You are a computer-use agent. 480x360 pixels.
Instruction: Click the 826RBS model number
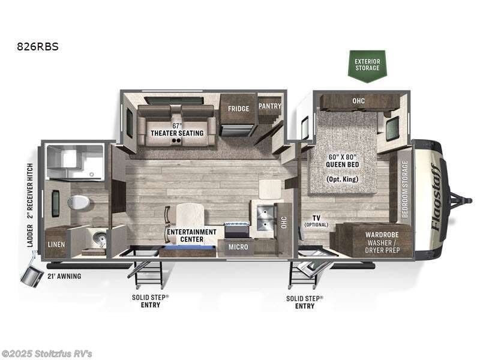coord(38,46)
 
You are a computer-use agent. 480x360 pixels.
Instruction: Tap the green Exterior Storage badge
coord(367,64)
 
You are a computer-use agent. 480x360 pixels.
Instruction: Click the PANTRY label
coord(269,106)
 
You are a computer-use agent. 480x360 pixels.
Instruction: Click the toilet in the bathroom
coord(79,202)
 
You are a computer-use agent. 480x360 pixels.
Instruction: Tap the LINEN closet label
coord(56,245)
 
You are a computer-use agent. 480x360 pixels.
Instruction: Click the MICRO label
coord(239,245)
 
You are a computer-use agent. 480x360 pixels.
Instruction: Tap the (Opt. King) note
coord(343,179)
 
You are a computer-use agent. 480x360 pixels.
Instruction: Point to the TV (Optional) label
coord(316,221)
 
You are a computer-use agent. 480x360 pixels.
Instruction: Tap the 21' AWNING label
coord(64,276)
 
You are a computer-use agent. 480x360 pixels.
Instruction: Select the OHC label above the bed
coord(359,101)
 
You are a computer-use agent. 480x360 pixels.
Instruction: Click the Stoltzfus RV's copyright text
coord(47,353)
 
